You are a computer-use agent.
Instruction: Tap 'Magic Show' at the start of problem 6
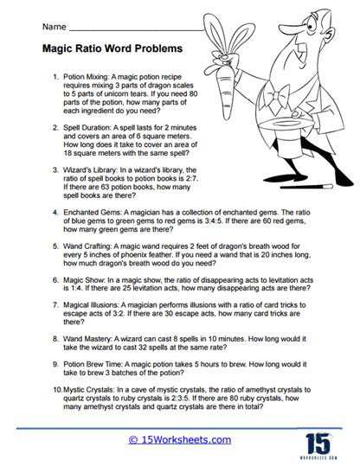(83, 281)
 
